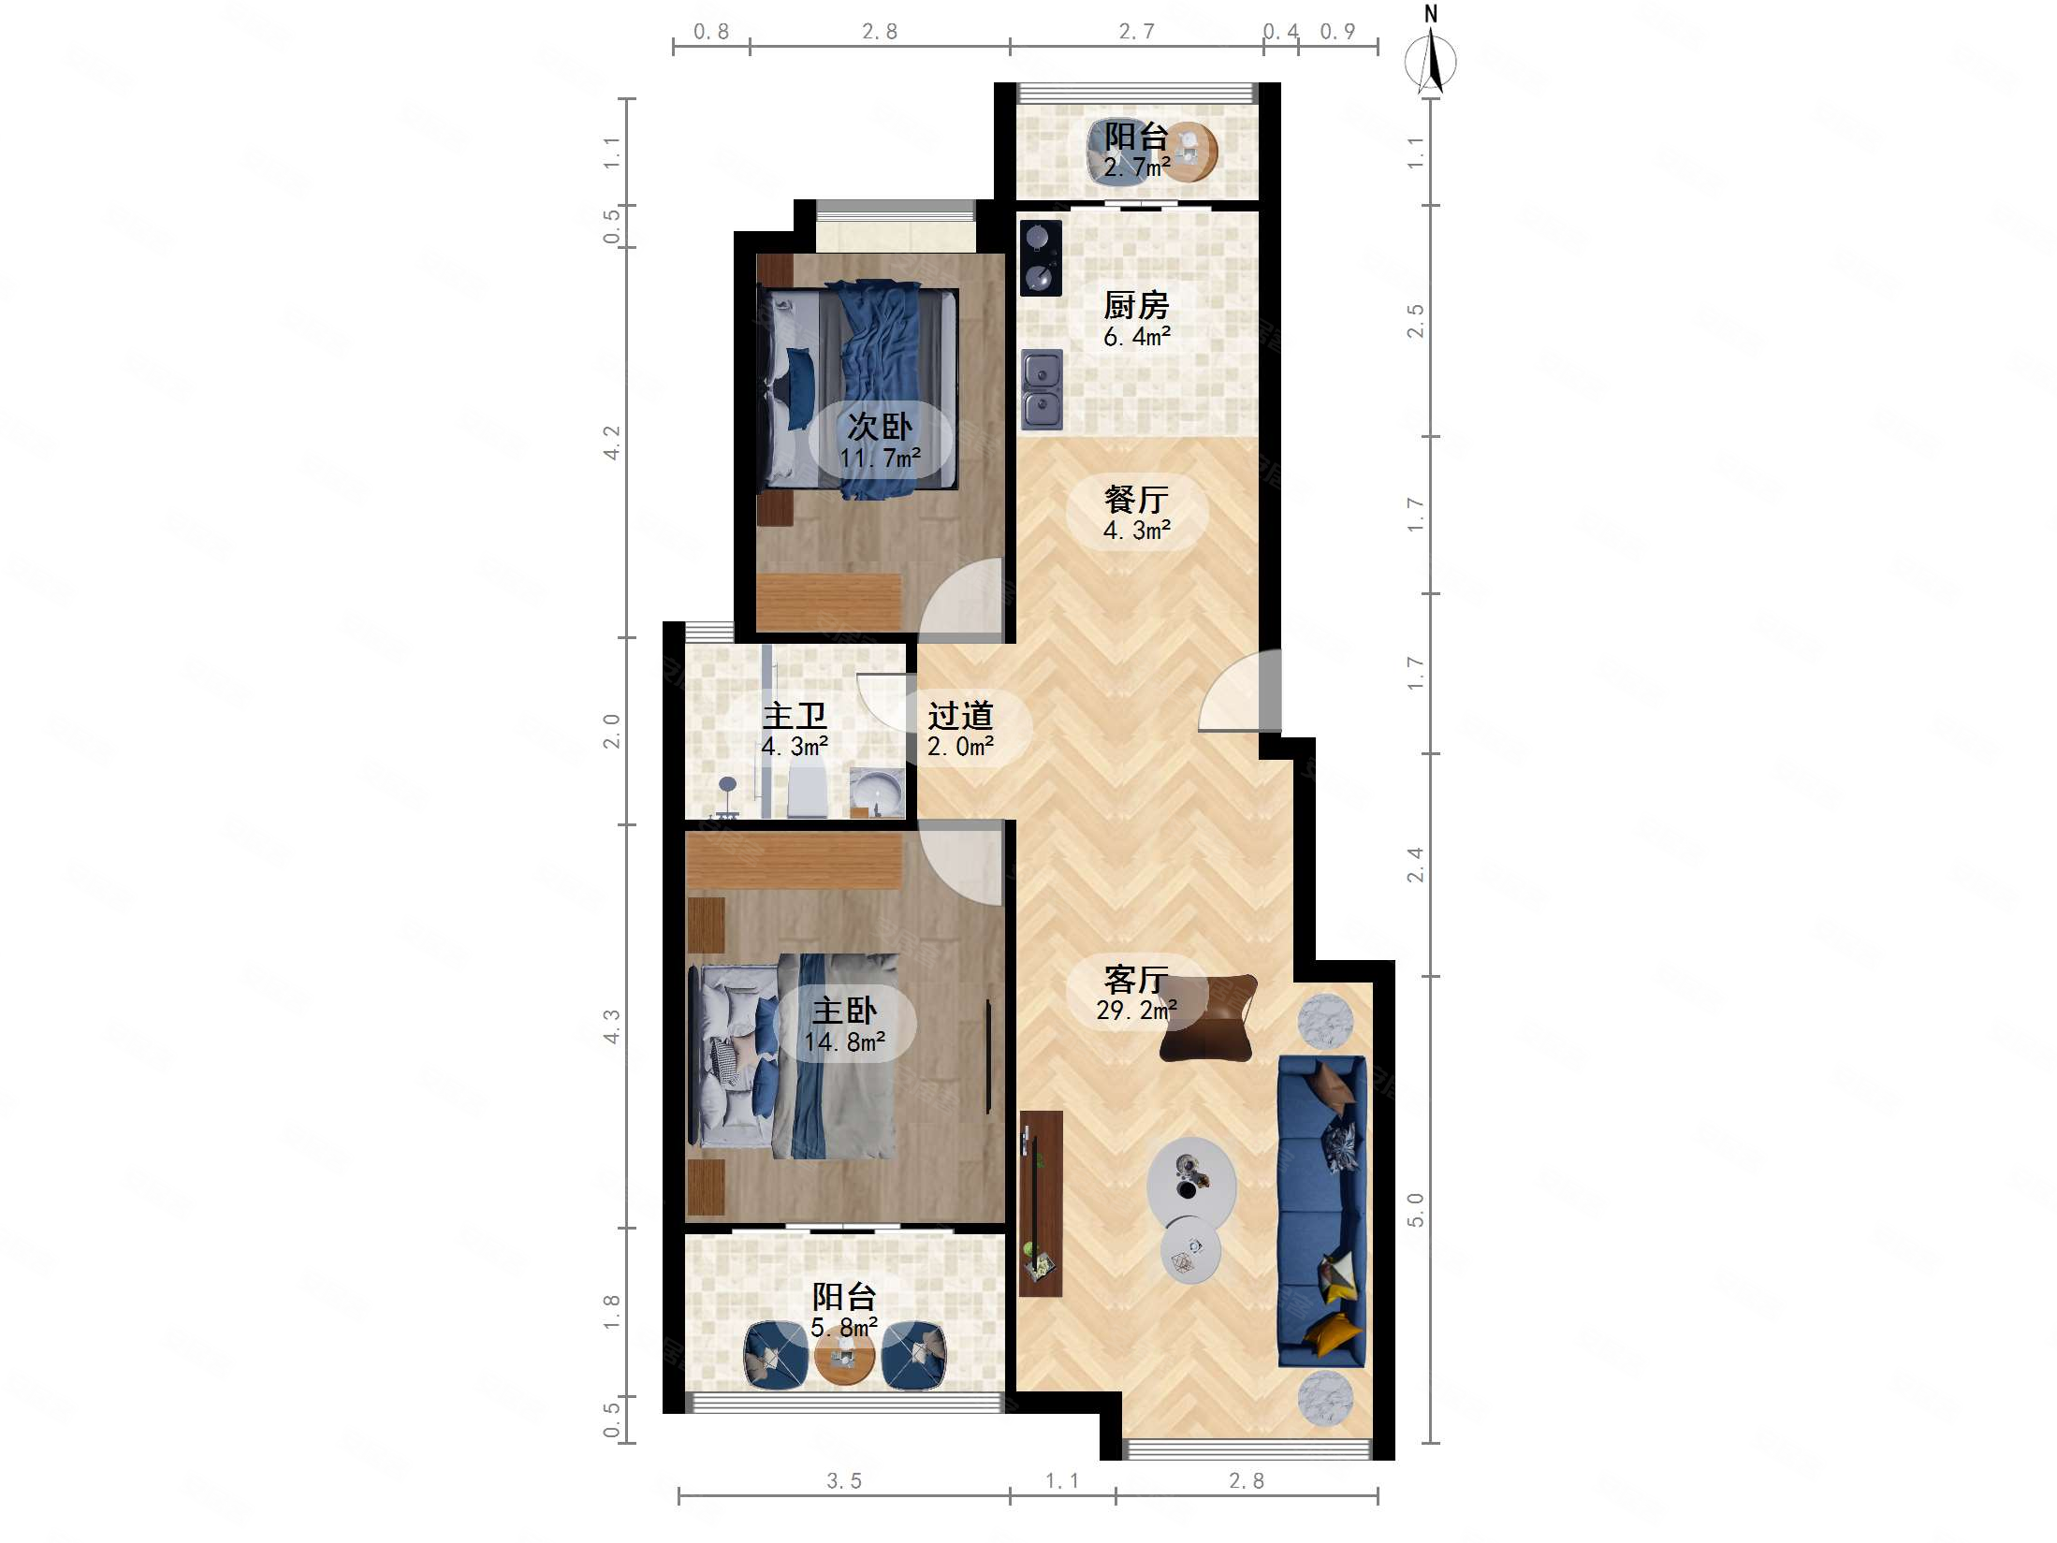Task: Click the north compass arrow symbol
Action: (1430, 61)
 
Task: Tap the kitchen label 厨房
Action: (1136, 305)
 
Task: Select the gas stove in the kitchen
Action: (1041, 258)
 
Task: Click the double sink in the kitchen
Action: (1042, 389)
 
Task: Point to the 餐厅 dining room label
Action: (1136, 499)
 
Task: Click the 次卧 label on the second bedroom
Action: (880, 427)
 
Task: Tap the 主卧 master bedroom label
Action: (844, 1011)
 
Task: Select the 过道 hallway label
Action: (960, 716)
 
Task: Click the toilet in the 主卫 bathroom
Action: (808, 789)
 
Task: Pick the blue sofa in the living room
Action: (1321, 1212)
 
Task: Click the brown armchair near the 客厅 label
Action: (1207, 1018)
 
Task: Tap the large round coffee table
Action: (1191, 1184)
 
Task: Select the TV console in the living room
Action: (1041, 1203)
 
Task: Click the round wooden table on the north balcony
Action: (1189, 150)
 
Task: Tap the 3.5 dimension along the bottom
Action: (843, 1481)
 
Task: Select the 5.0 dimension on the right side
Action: (1415, 1210)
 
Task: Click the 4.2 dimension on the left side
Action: (611, 443)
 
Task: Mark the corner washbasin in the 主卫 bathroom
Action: (876, 793)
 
